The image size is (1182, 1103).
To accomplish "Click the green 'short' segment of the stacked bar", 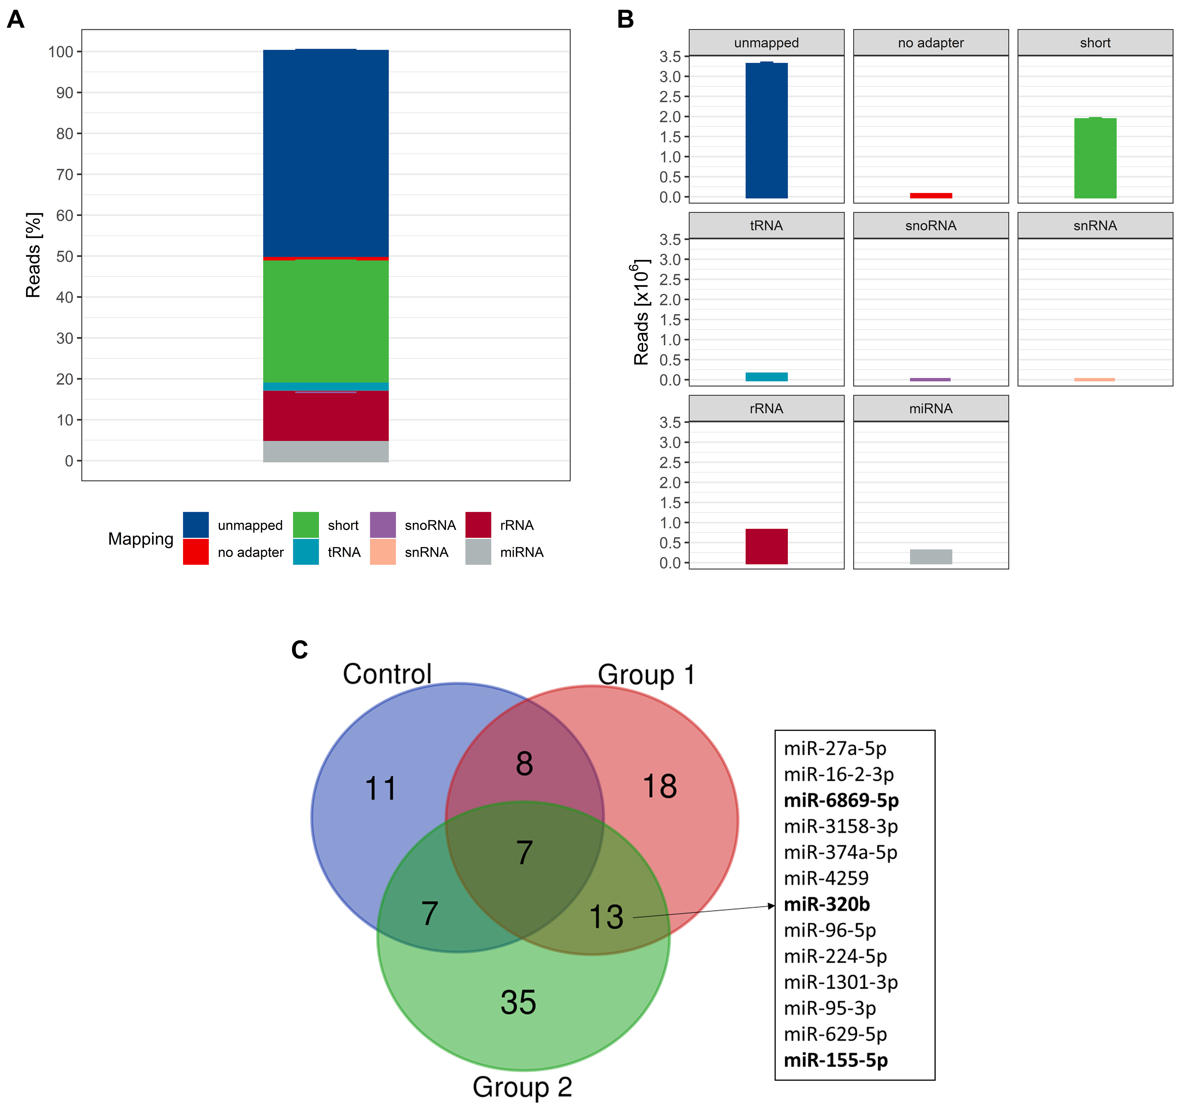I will [x=326, y=321].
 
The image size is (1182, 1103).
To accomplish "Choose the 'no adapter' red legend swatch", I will [x=196, y=552].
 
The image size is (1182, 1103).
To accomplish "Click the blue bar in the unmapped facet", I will [x=766, y=131].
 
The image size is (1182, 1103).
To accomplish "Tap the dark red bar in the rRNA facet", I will [x=766, y=546].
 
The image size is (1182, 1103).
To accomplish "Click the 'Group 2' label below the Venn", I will [x=522, y=1086].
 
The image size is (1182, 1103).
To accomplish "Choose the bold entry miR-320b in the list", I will [x=826, y=904].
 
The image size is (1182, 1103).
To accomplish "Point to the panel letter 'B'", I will [x=626, y=20].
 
